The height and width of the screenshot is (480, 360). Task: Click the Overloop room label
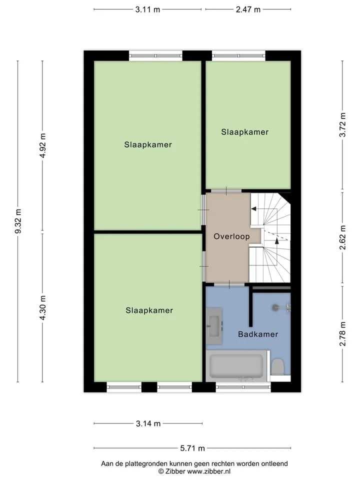pyautogui.click(x=231, y=236)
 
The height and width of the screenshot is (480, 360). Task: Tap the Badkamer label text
pyautogui.click(x=258, y=334)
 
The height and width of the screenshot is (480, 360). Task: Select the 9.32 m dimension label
pyautogui.click(x=18, y=221)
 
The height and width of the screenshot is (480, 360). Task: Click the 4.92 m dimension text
pyautogui.click(x=42, y=145)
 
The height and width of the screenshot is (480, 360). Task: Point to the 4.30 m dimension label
pyautogui.click(x=42, y=307)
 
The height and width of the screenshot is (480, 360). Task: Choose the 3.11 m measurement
pyautogui.click(x=147, y=9)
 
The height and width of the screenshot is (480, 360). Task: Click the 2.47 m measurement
pyautogui.click(x=248, y=9)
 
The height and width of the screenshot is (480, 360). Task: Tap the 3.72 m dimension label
pyautogui.click(x=342, y=124)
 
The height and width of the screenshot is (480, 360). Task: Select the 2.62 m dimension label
pyautogui.click(x=342, y=237)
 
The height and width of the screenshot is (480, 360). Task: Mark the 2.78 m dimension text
pyautogui.click(x=342, y=334)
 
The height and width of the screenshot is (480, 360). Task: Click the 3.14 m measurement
pyautogui.click(x=148, y=423)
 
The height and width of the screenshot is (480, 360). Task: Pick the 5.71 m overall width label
pyautogui.click(x=192, y=448)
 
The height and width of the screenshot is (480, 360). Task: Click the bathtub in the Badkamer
pyautogui.click(x=236, y=366)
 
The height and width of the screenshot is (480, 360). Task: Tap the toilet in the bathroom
pyautogui.click(x=278, y=366)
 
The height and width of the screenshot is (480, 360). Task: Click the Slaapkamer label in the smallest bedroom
pyautogui.click(x=244, y=132)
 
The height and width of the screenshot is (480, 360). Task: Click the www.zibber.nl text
pyautogui.click(x=209, y=471)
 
